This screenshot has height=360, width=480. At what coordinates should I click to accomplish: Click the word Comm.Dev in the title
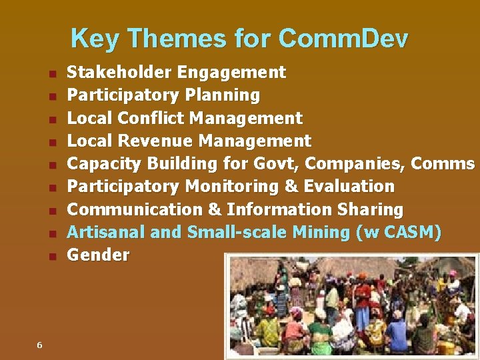click(x=343, y=39)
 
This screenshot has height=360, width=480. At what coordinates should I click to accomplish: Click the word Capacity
click(x=105, y=164)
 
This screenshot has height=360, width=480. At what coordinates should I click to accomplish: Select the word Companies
click(x=354, y=164)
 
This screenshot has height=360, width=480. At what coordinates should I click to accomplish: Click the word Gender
click(x=99, y=255)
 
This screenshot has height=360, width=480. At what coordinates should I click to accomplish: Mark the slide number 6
click(x=39, y=345)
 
